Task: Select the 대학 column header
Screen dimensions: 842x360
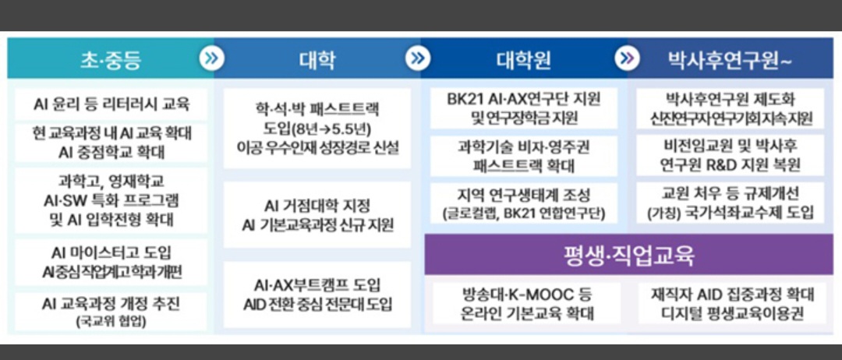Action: pos(317,58)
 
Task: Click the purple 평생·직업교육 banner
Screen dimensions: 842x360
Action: pos(629,255)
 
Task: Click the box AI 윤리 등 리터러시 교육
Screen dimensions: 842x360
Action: pos(111,103)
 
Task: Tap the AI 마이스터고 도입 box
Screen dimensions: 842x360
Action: pos(111,261)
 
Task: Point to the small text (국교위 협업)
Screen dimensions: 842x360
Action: pos(111,321)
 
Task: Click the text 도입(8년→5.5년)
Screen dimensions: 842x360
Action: pos(317,128)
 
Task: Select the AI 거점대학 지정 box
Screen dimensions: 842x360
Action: pos(317,215)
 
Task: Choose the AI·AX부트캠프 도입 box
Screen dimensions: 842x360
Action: pos(317,295)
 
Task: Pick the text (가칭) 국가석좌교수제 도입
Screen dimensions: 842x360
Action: pos(730,213)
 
